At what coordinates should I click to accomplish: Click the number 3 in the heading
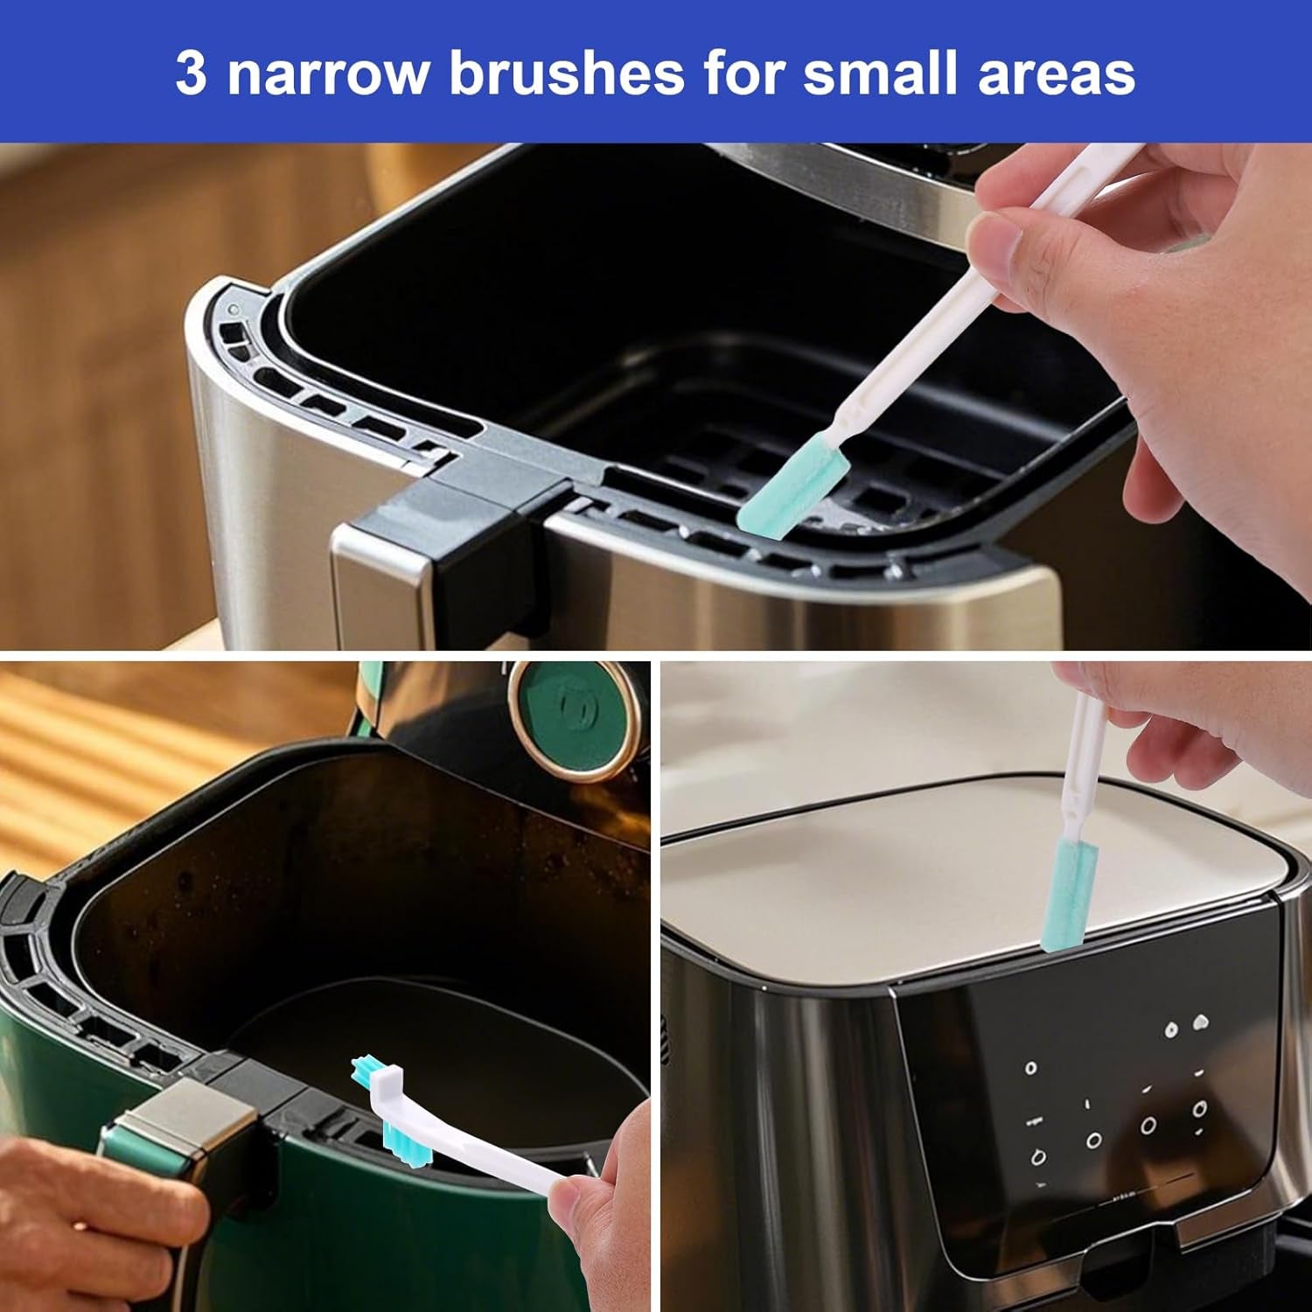click(192, 73)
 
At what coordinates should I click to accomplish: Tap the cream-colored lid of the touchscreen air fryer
click(971, 853)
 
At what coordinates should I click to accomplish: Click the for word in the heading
click(745, 73)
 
